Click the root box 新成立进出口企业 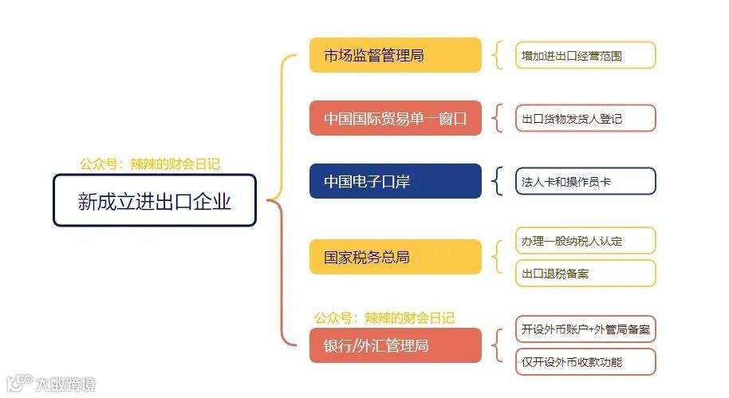[155, 200]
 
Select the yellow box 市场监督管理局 [396, 55]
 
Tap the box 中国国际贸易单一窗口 [396, 118]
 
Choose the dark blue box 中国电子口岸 [396, 181]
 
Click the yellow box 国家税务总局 [396, 257]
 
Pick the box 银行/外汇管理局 [396, 345]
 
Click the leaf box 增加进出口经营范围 [585, 55]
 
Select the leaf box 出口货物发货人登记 [585, 118]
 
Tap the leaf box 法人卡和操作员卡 [585, 181]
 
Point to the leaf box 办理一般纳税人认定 [585, 240]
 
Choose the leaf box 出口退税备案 [585, 273]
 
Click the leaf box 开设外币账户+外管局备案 [585, 329]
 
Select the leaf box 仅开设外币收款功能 [585, 361]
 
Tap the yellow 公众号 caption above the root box [150, 164]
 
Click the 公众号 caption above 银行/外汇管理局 [384, 317]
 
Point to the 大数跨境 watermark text [65, 385]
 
